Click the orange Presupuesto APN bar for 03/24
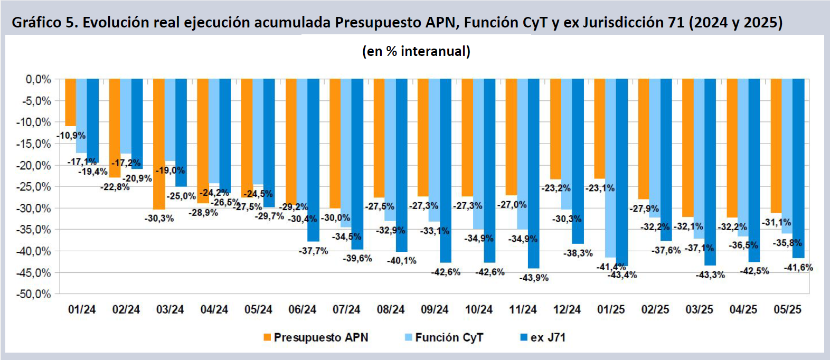point(159,144)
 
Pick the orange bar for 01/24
point(71,102)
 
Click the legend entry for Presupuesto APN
point(315,337)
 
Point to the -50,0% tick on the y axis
point(37,294)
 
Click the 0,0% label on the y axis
point(39,79)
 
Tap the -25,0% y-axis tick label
point(37,187)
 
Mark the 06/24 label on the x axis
point(302,310)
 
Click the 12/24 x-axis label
point(567,310)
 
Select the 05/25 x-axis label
point(787,310)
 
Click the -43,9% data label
point(534,278)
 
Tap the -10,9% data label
point(71,136)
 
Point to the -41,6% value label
point(798,268)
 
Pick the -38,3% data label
point(578,253)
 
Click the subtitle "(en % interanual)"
point(416,51)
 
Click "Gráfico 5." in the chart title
point(45,22)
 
